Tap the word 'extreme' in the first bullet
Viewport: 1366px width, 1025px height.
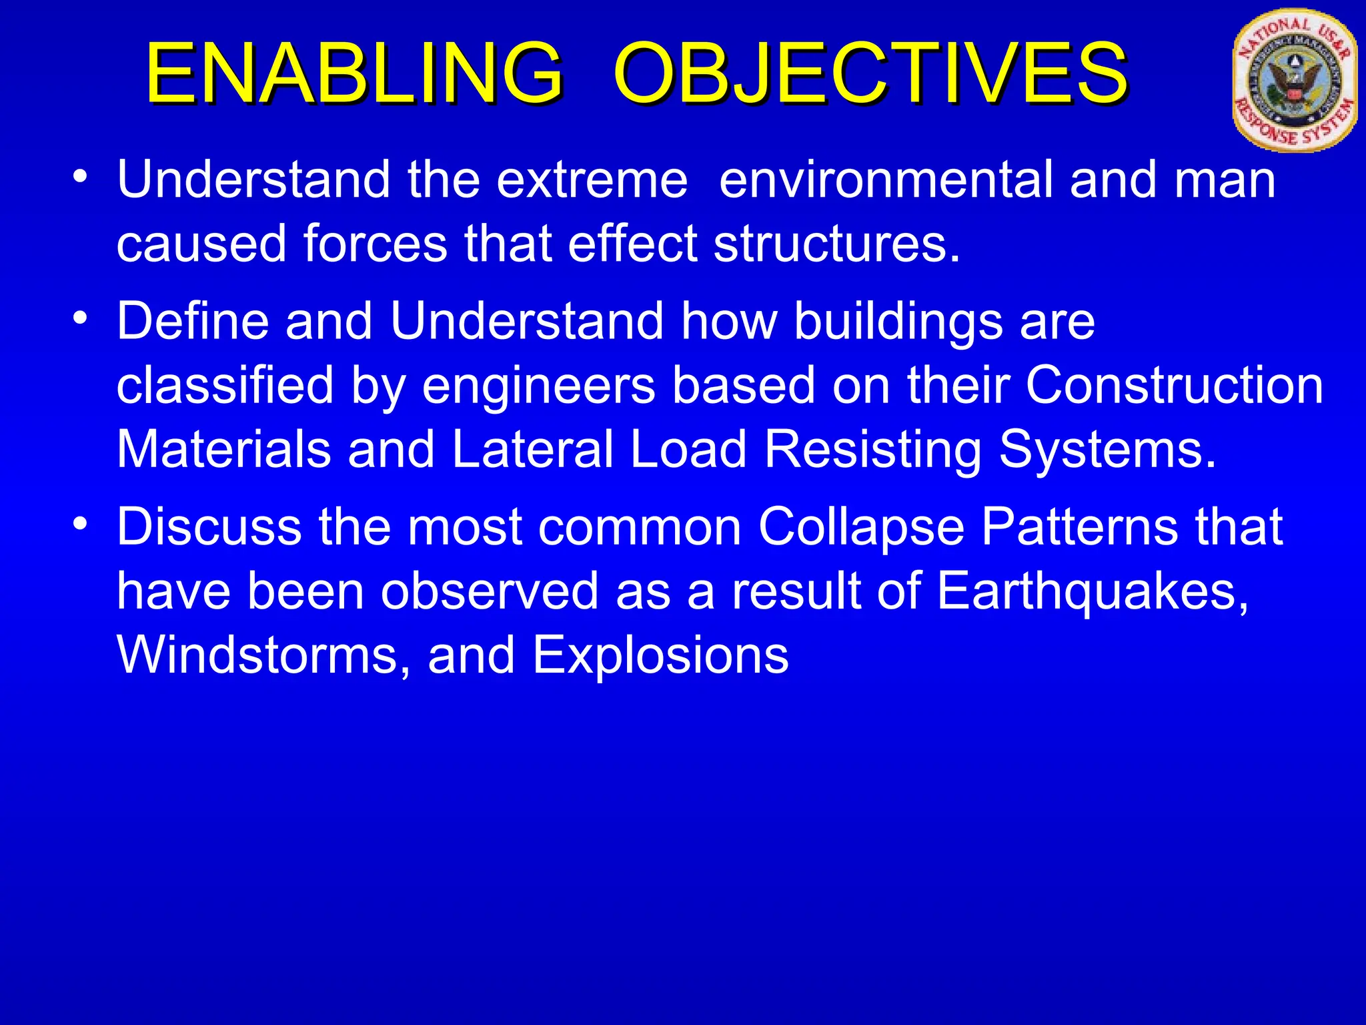[592, 180]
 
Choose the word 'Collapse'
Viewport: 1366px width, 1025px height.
[861, 528]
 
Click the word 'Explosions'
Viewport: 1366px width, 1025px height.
[660, 657]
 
